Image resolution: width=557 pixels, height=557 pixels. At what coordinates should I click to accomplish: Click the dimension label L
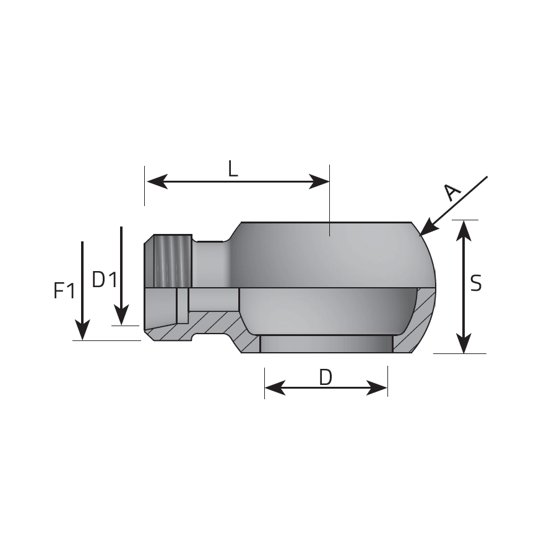(x=233, y=169)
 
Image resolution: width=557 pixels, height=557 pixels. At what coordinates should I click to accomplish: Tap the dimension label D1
(x=105, y=279)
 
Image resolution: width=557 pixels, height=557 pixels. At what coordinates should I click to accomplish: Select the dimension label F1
(x=64, y=290)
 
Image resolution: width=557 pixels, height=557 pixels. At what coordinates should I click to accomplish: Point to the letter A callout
(x=452, y=192)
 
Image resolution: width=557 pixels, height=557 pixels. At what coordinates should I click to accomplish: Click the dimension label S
(x=476, y=283)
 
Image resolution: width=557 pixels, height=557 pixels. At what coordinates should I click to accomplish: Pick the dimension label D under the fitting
(x=326, y=378)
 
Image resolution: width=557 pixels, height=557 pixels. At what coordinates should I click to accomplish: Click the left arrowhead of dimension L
(x=157, y=181)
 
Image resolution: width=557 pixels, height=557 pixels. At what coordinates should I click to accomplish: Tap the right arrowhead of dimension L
(x=319, y=181)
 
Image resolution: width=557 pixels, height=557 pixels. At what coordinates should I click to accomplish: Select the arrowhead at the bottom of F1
(x=82, y=330)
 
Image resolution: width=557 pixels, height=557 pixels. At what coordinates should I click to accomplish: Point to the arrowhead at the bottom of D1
(x=121, y=316)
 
